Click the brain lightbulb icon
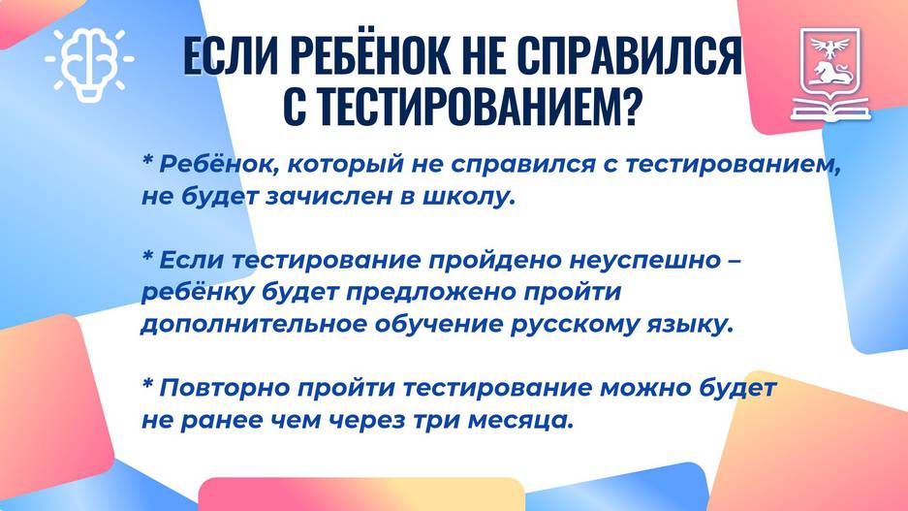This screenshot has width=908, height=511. [89, 65]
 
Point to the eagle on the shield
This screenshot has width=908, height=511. [830, 47]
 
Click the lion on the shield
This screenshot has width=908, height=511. [830, 73]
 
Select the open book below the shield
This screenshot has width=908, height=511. [830, 109]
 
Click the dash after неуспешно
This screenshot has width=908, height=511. [734, 261]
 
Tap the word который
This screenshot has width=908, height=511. [345, 165]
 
